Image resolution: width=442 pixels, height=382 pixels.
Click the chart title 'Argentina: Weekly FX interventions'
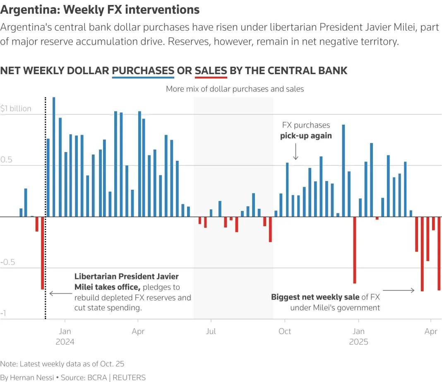coord(100,10)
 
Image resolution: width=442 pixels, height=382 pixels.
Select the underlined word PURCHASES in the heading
coord(143,71)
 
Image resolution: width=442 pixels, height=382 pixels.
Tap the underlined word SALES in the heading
coord(211,71)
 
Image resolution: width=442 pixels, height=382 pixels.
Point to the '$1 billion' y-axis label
coord(16,109)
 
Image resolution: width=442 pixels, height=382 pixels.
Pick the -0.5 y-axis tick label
coord(9,262)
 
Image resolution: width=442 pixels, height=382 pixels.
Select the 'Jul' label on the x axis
coord(211,331)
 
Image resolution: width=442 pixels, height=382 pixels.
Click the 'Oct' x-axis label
coord(285,331)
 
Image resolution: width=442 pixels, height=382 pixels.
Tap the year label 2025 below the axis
coord(358,342)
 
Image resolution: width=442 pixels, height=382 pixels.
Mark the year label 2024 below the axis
coord(65,342)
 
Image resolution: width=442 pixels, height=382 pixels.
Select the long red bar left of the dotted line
coord(42,253)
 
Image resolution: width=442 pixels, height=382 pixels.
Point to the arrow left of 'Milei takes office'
coord(60,293)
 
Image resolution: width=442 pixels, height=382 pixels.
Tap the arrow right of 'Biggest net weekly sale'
coord(399,290)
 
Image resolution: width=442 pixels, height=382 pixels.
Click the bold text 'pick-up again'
coord(306,135)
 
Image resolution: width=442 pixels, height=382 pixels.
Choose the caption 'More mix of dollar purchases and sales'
coord(235,89)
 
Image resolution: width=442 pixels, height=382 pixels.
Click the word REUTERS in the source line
coord(129,377)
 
